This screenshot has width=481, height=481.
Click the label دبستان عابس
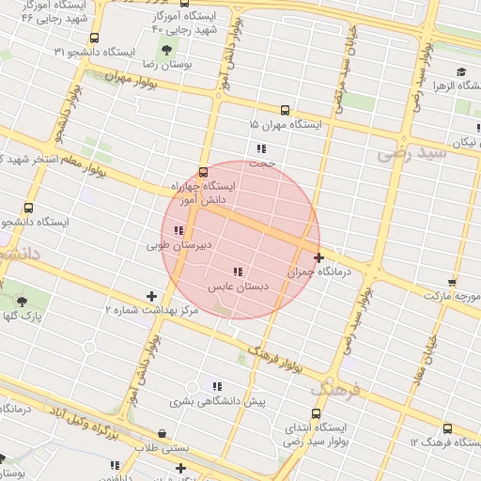pyautogui.click(x=239, y=286)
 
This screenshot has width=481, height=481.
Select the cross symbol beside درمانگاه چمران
pyautogui.click(x=319, y=256)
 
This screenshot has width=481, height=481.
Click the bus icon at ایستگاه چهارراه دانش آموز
pyautogui.click(x=203, y=172)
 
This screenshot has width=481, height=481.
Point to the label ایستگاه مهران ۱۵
pyautogui.click(x=286, y=124)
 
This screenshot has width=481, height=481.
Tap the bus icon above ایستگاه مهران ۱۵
pyautogui.click(x=286, y=109)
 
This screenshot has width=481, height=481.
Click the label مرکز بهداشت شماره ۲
pyautogui.click(x=151, y=309)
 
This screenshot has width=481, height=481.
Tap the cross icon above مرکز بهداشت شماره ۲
pyautogui.click(x=151, y=296)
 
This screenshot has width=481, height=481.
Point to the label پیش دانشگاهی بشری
pyautogui.click(x=218, y=400)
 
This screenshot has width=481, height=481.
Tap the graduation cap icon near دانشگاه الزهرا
pyautogui.click(x=461, y=72)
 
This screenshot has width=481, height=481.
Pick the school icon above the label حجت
pyautogui.click(x=261, y=148)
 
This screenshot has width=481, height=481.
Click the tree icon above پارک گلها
pyautogui.click(x=22, y=302)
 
